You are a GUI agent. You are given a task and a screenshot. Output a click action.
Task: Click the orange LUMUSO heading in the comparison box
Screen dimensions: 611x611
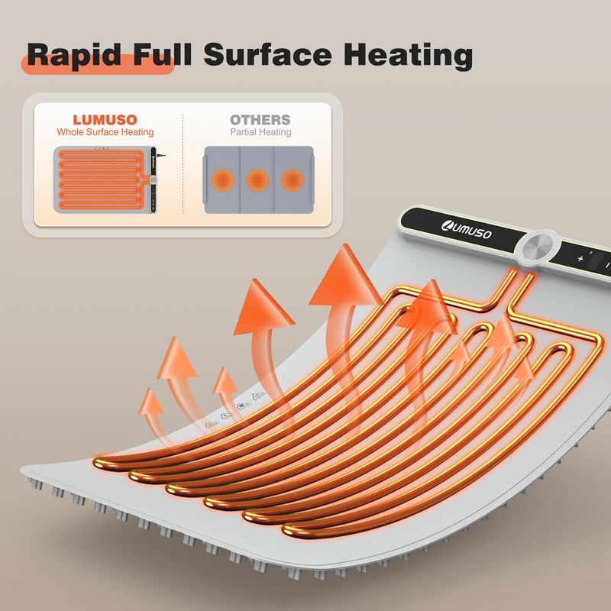106,120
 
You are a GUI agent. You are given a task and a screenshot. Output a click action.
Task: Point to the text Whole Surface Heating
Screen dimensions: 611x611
106,132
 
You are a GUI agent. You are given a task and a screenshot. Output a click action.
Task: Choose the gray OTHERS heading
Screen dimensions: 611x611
260,120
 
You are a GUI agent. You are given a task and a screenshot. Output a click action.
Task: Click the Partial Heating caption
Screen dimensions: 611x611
260,132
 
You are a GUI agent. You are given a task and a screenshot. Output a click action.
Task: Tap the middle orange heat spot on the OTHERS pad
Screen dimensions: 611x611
257,180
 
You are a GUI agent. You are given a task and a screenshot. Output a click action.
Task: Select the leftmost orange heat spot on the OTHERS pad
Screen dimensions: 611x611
223,180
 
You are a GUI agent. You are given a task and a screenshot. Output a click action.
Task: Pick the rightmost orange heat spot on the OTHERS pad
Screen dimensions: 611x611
292,180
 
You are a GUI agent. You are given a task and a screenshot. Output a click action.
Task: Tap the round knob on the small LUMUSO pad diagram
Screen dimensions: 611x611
154,179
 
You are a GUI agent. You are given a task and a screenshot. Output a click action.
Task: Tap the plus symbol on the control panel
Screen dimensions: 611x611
580,259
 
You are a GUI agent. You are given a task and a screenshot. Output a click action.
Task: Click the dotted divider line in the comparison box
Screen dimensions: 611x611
183,164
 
